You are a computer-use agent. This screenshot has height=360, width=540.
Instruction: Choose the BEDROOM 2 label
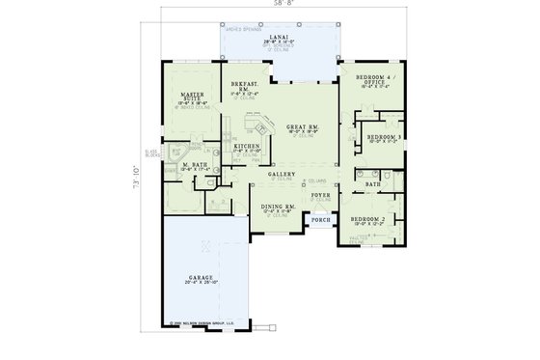coord(367,220)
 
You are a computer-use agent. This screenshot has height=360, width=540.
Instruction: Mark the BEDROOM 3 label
coord(382,138)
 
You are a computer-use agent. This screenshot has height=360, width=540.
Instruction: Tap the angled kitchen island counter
coord(259,127)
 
